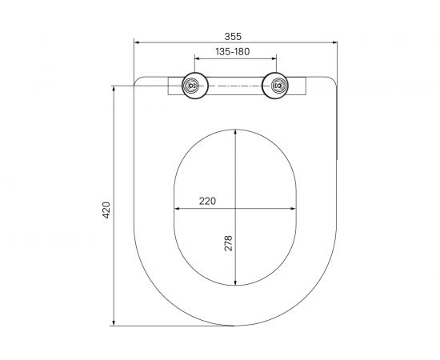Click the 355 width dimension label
tap(233, 37)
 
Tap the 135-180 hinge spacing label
tap(232, 52)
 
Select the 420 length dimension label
tap(106, 210)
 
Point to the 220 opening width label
tap(207, 201)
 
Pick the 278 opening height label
tap(229, 243)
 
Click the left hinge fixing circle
tap(194, 86)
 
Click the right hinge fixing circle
tap(275, 86)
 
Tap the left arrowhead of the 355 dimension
tap(138, 42)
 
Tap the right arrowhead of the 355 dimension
tap(334, 42)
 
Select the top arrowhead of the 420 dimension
tap(114, 89)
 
